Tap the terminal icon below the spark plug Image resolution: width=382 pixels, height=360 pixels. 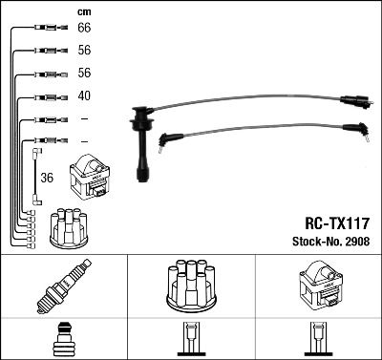[x=63, y=341]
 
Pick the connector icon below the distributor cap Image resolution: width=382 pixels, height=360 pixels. [x=191, y=342]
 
